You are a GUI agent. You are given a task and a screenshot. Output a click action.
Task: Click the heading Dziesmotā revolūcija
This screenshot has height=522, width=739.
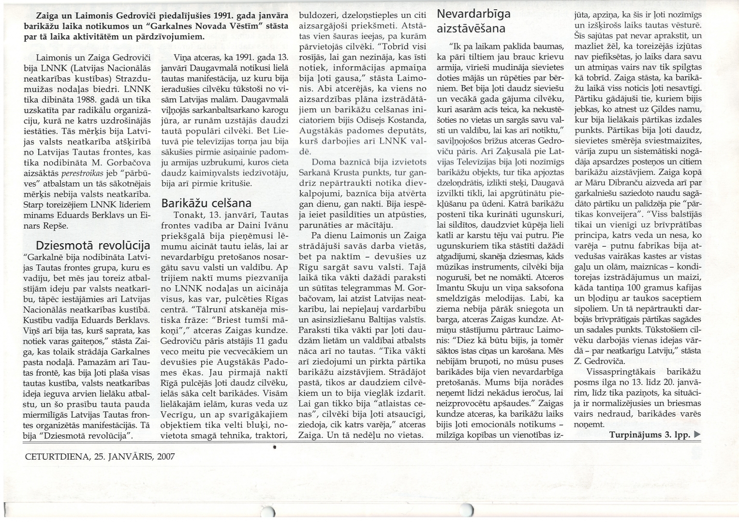93,245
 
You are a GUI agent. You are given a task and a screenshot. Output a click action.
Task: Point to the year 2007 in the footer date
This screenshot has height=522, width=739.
166,456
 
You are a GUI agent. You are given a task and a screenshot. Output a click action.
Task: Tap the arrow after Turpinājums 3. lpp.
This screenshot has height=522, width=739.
697,435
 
